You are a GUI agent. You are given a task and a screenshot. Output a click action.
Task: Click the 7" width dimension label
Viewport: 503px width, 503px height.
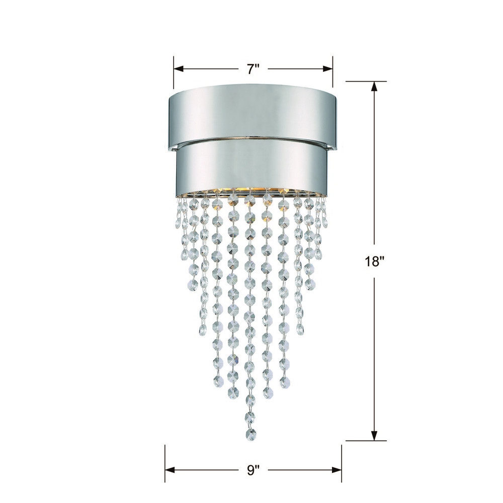point(253,69)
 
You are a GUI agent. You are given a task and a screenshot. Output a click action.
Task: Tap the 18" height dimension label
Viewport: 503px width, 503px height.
point(374,262)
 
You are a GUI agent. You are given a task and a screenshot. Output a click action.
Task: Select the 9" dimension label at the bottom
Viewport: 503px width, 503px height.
point(253,470)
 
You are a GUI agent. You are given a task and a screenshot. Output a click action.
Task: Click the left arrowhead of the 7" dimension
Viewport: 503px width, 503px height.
point(179,69)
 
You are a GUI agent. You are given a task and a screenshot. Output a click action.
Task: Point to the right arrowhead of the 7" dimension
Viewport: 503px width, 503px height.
point(327,69)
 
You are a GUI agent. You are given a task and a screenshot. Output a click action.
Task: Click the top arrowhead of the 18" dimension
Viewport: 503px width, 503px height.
point(374,87)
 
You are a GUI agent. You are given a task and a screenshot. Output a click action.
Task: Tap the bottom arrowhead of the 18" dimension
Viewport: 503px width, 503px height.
point(374,436)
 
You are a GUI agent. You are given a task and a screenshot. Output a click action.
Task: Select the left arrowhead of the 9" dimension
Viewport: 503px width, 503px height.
point(170,470)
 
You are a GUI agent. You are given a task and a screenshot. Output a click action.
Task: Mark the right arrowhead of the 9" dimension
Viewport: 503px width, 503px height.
point(337,470)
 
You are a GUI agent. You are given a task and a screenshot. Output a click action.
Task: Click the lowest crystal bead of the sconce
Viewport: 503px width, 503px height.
point(251,435)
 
